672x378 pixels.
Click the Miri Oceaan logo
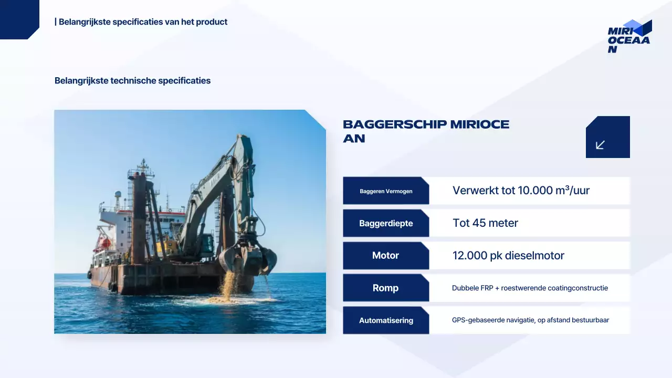(629, 36)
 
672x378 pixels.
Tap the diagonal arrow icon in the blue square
(600, 145)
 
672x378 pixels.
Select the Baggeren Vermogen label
(386, 191)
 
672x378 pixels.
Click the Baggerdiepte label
(386, 223)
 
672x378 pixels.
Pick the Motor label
(386, 256)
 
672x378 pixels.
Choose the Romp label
(386, 288)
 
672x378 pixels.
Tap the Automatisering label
(386, 320)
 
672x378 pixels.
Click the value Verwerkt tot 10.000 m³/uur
(521, 191)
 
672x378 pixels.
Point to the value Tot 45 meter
(485, 223)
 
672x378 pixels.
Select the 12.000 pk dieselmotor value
(508, 256)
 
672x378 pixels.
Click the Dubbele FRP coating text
(530, 288)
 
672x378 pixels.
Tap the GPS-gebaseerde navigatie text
(530, 320)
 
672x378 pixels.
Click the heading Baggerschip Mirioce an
(426, 131)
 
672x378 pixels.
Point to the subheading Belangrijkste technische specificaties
(132, 81)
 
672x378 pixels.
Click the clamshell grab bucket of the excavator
(248, 257)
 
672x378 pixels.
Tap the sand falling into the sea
(229, 286)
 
